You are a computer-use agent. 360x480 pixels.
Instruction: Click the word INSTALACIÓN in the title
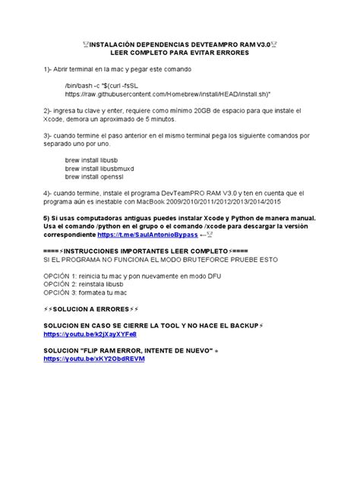[x=121, y=46]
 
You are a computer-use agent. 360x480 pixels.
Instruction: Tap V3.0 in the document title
[x=258, y=46]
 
